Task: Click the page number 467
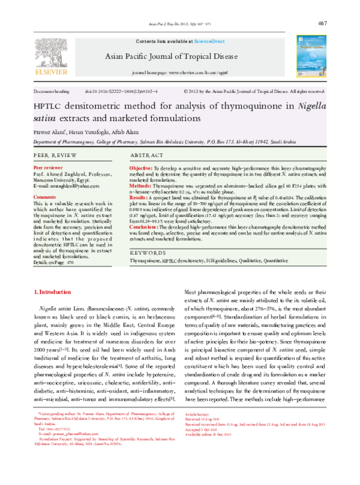(322, 23)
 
